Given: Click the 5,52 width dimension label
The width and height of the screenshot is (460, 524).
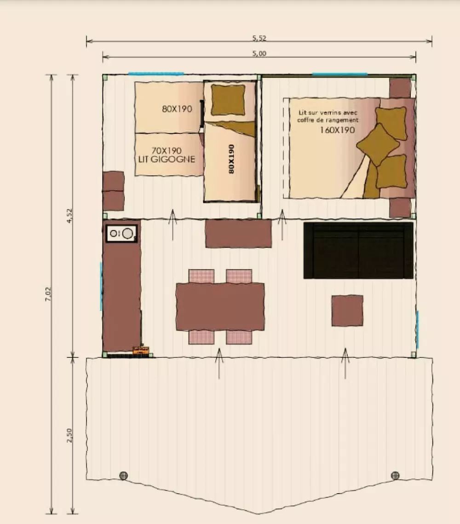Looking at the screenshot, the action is pyautogui.click(x=259, y=38).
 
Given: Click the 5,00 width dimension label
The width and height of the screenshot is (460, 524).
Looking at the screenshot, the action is pyautogui.click(x=259, y=53).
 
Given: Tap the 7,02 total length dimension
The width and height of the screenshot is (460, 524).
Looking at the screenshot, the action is pyautogui.click(x=48, y=294).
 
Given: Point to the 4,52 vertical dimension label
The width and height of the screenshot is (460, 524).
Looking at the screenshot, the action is pyautogui.click(x=69, y=216).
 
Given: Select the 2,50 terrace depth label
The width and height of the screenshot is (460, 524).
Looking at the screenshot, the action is pyautogui.click(x=69, y=436).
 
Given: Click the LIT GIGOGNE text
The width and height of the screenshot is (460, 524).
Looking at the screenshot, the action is pyautogui.click(x=167, y=159).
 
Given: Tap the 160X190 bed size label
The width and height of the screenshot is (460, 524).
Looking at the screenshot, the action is pyautogui.click(x=337, y=130).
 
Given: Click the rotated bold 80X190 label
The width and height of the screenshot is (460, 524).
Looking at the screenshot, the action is pyautogui.click(x=231, y=159).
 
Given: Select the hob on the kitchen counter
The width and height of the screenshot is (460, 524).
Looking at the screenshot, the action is pyautogui.click(x=121, y=233).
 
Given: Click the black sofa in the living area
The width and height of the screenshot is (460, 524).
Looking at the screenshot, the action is pyautogui.click(x=358, y=250).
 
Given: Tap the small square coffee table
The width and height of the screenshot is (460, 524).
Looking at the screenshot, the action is pyautogui.click(x=347, y=311).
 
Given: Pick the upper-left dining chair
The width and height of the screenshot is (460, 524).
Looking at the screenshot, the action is pyautogui.click(x=201, y=276).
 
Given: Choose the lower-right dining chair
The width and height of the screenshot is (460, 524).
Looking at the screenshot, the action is pyautogui.click(x=239, y=337).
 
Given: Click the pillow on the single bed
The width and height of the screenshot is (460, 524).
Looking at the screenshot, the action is pyautogui.click(x=229, y=99).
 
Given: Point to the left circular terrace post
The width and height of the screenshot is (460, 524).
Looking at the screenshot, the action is pyautogui.click(x=124, y=475).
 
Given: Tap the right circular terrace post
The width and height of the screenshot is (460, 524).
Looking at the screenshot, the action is pyautogui.click(x=395, y=475).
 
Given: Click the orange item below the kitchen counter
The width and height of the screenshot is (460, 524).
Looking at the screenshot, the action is pyautogui.click(x=141, y=350).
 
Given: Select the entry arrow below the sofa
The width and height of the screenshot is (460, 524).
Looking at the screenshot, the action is pyautogui.click(x=345, y=363).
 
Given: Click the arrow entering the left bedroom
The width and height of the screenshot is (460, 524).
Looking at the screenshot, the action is pyautogui.click(x=172, y=225).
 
